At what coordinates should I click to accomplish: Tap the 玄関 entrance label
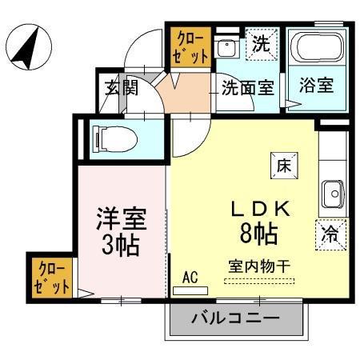(121, 87)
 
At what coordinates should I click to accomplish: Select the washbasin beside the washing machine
(228, 48)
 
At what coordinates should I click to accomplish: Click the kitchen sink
(332, 192)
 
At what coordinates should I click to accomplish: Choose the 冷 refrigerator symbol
(330, 234)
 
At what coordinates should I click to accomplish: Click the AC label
(190, 278)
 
